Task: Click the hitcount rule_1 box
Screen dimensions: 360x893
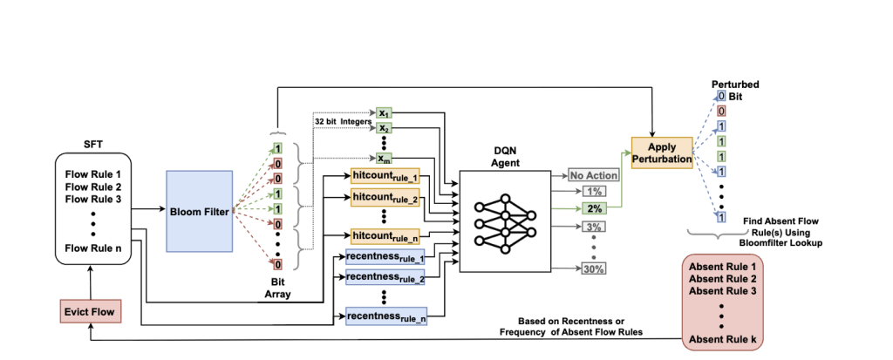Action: tap(385, 176)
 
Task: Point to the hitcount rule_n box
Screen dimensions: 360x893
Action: tap(385, 235)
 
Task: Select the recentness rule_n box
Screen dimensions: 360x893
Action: tap(384, 315)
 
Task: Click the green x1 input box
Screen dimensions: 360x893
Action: tap(385, 113)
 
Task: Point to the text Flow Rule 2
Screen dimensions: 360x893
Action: tap(93, 187)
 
